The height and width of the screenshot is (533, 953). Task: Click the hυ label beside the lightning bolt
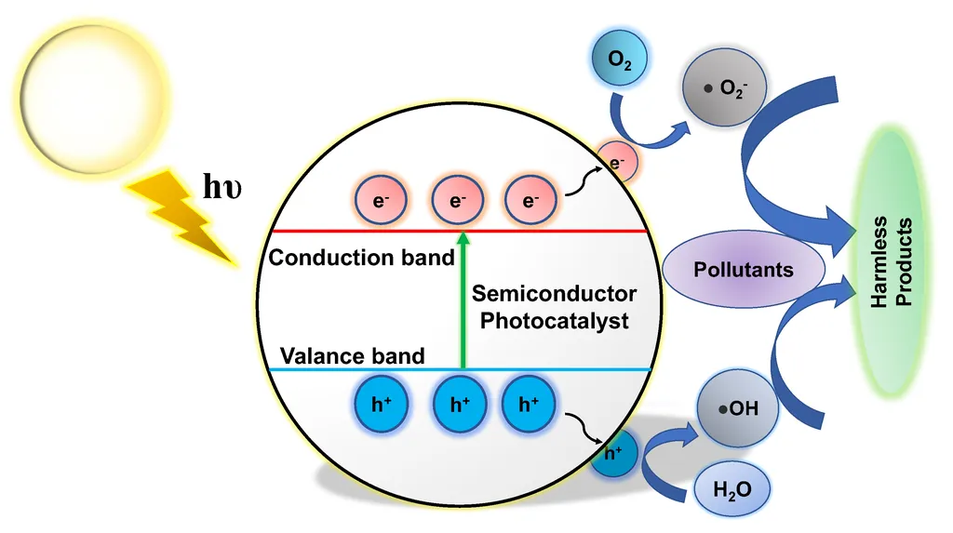click(x=221, y=186)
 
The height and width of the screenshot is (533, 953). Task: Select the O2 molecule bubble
click(x=619, y=59)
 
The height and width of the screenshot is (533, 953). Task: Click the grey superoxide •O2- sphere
click(x=724, y=87)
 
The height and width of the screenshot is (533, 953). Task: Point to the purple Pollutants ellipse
click(x=744, y=269)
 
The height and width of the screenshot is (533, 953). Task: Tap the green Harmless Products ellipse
click(x=892, y=261)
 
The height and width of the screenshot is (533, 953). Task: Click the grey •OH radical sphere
click(x=738, y=407)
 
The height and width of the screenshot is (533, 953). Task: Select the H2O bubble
click(x=732, y=488)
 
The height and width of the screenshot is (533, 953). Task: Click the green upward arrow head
click(x=463, y=238)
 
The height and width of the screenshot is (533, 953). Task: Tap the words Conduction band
click(x=362, y=258)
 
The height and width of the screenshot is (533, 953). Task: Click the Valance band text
click(x=352, y=355)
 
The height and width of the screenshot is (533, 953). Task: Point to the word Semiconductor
click(x=555, y=294)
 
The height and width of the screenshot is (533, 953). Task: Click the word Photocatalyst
click(x=555, y=320)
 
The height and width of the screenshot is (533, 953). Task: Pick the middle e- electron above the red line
click(x=458, y=200)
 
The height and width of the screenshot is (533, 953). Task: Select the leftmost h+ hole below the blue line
click(x=381, y=404)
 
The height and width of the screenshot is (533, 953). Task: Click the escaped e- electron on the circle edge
click(x=617, y=162)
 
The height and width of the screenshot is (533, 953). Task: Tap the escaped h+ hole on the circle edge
click(x=613, y=453)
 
